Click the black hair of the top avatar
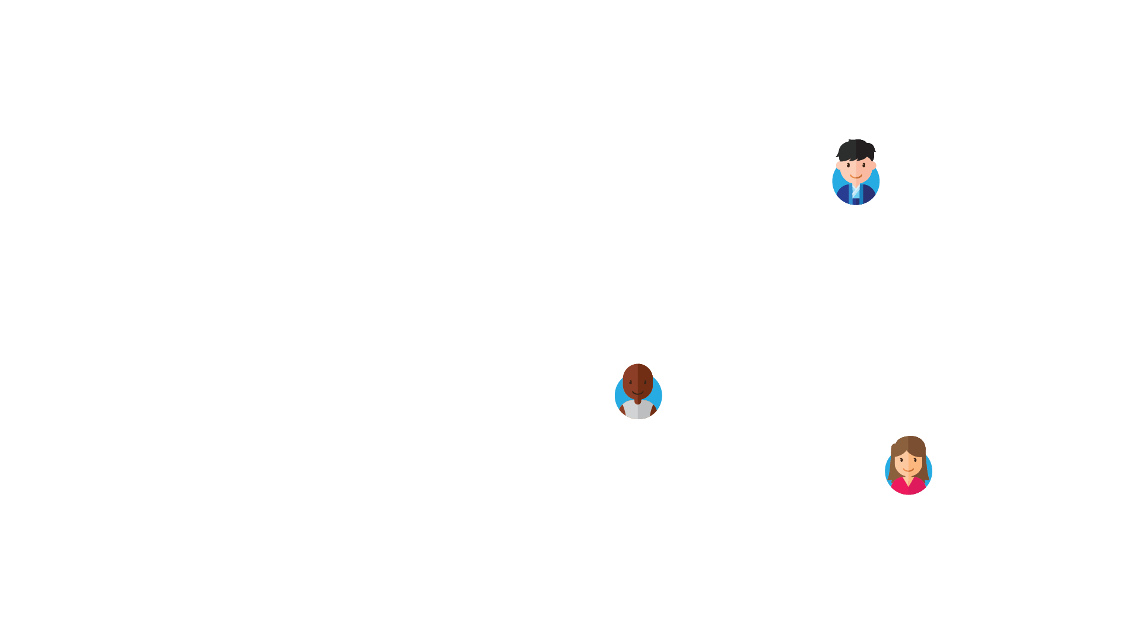856,148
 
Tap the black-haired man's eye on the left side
848,165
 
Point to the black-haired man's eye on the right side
864,165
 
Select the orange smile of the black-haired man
856,176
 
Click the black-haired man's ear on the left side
839,165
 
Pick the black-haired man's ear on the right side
873,165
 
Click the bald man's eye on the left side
630,382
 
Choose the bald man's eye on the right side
645,382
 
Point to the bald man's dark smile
638,392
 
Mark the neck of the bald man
638,401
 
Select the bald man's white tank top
638,411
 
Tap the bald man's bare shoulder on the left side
621,409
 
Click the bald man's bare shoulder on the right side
655,409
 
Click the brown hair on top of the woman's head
909,444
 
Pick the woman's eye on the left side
901,460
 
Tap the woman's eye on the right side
916,460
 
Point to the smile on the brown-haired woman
909,469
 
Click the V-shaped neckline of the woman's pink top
909,480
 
